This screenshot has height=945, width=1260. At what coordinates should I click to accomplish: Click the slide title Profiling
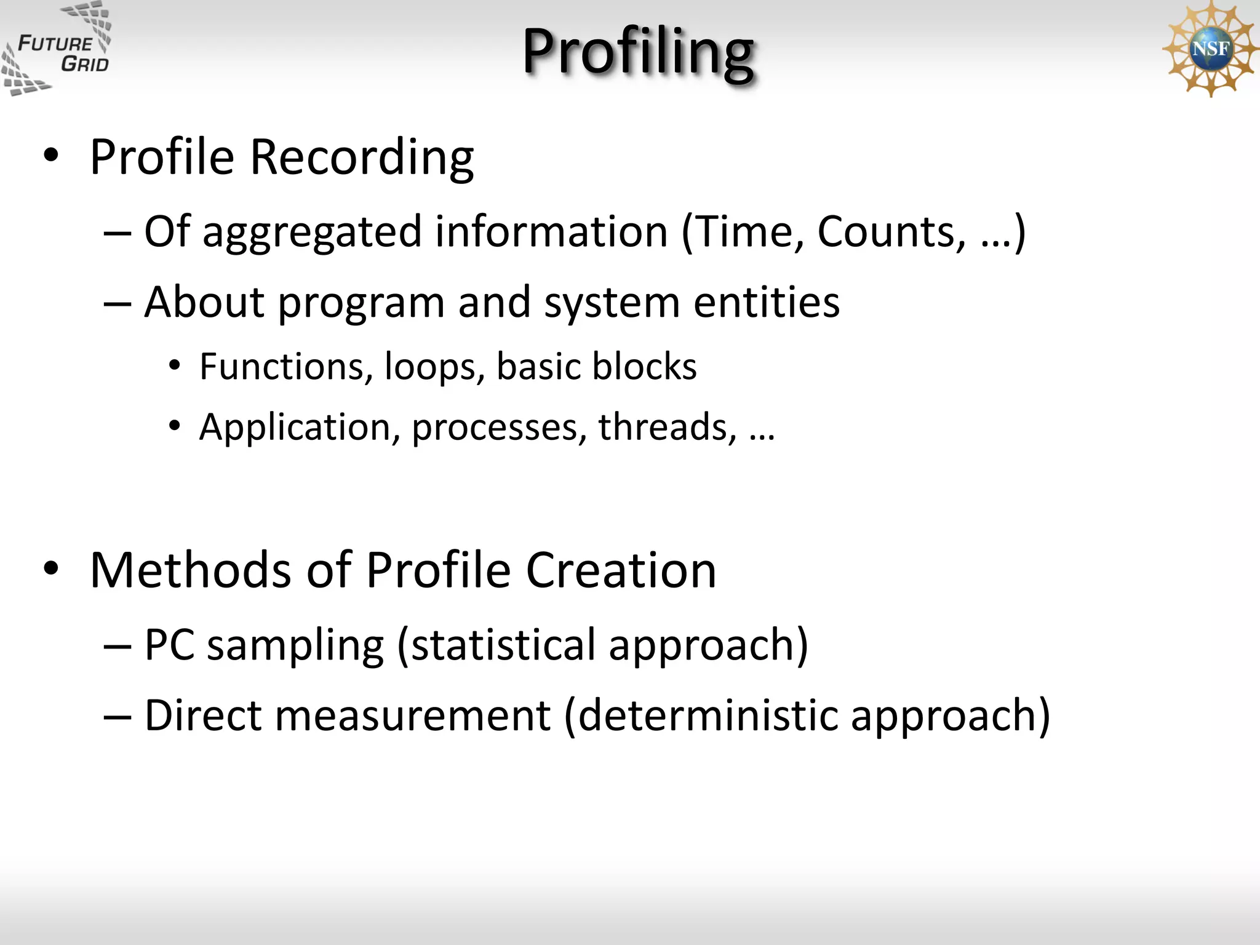[x=637, y=52]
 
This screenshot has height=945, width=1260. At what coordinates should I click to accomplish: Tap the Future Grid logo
[x=57, y=49]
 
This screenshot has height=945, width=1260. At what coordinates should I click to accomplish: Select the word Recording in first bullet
[x=362, y=157]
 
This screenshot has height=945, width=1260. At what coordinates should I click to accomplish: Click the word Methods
[x=190, y=570]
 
